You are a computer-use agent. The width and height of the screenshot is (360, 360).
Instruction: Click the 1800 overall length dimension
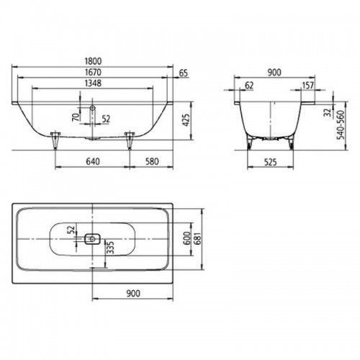[x=93, y=61]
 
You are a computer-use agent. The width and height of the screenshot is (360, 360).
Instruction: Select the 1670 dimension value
[x=93, y=72]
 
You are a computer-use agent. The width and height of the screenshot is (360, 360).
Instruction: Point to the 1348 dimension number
[x=93, y=83]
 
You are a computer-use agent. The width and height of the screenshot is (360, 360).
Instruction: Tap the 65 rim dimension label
[x=184, y=73]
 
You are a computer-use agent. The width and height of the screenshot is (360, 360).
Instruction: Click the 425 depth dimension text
[x=186, y=120]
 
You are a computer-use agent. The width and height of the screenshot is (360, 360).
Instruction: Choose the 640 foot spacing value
[x=93, y=161]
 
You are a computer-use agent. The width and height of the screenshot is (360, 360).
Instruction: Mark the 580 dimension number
[x=152, y=161]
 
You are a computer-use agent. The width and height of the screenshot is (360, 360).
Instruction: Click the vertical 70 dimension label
[x=76, y=117]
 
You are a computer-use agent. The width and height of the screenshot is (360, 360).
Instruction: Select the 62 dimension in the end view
[x=249, y=85]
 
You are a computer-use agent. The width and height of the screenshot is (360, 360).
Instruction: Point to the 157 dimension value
[x=307, y=85]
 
